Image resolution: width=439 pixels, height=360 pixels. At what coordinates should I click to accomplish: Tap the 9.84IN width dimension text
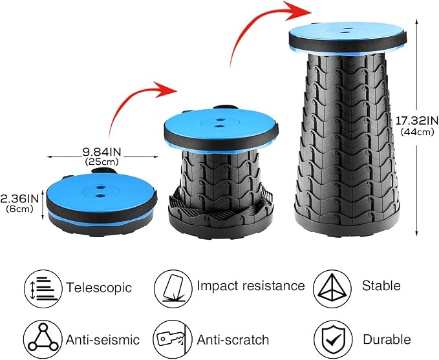(x=102, y=152)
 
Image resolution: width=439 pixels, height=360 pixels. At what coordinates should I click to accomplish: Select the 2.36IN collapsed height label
(x=19, y=198)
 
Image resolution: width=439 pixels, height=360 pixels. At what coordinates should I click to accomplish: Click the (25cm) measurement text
(x=102, y=162)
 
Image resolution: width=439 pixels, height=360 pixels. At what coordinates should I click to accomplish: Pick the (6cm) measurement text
(x=19, y=209)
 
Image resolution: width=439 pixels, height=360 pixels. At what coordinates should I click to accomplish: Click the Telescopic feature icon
(x=43, y=289)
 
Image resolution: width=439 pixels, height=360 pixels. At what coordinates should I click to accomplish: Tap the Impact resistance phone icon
(x=173, y=289)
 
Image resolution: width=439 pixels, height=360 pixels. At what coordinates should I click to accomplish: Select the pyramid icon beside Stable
(x=332, y=289)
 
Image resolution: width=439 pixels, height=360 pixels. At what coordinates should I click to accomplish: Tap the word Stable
(x=381, y=286)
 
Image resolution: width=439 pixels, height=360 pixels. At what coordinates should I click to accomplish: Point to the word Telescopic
(x=99, y=288)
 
